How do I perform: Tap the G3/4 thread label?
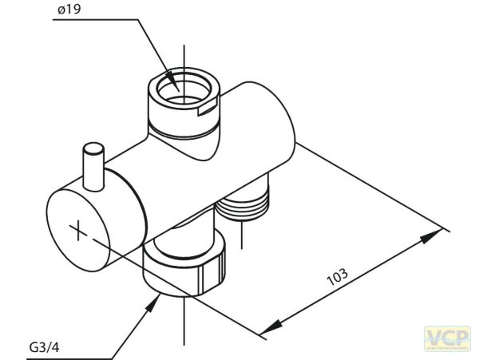pos(44,348)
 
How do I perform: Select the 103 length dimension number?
pos(338,278)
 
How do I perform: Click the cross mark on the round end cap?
pos(78,231)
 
